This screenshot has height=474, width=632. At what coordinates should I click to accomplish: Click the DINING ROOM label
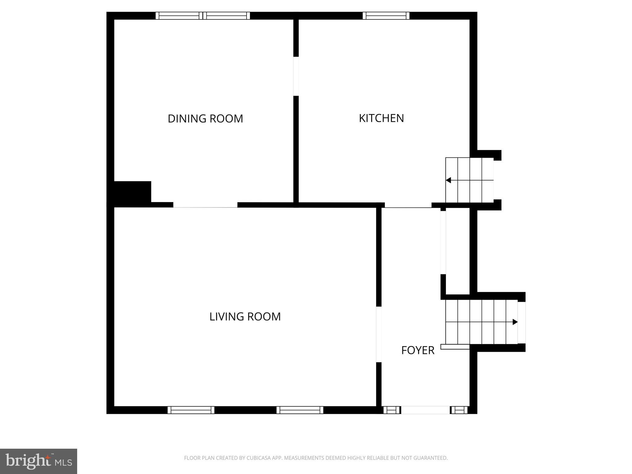click(x=205, y=118)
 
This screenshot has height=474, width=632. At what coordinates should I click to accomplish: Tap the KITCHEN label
click(x=381, y=118)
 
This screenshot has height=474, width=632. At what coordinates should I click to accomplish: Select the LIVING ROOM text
click(x=245, y=317)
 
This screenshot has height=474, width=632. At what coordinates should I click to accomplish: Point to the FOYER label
click(x=418, y=350)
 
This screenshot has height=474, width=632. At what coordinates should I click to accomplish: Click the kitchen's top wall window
click(x=386, y=15)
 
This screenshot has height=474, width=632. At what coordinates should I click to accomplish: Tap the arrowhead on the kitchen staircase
click(x=448, y=180)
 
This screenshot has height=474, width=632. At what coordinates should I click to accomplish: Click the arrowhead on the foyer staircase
click(x=515, y=322)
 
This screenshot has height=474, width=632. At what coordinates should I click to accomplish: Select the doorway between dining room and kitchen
click(x=296, y=76)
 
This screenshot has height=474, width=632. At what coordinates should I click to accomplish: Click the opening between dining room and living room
click(x=205, y=205)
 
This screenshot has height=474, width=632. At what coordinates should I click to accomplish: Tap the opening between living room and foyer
click(x=379, y=334)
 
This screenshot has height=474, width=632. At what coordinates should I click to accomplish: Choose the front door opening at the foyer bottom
click(x=425, y=410)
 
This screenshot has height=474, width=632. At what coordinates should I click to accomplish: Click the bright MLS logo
click(x=39, y=461)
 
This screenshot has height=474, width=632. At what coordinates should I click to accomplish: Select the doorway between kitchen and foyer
click(x=408, y=205)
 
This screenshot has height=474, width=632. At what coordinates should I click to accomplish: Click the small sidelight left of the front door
click(x=391, y=410)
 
